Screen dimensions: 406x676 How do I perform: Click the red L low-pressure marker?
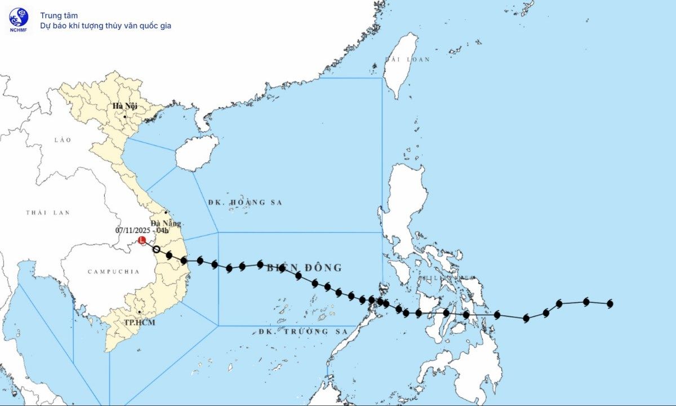coord(142,240)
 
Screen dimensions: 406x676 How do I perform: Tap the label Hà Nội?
coord(125,106)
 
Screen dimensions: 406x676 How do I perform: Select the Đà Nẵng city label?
coord(166,223)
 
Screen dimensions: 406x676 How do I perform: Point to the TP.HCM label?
coord(139,322)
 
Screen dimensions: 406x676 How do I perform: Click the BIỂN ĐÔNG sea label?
coord(304,267)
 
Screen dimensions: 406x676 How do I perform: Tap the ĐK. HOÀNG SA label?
coord(244,202)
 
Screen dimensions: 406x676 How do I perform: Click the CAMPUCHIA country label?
coord(113,272)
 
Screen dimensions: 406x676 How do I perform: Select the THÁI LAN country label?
coord(47,213)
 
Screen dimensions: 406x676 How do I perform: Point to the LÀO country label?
coord(63,139)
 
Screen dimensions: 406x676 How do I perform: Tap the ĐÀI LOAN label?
coord(407,59)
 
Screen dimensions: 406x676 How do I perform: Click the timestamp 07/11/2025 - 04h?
coord(142,230)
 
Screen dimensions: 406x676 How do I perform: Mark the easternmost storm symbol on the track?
coord(610,304)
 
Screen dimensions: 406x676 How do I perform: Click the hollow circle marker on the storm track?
coord(157,249)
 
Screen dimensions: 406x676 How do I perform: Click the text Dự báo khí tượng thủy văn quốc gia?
coord(105,25)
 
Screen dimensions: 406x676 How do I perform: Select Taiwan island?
coord(400,65)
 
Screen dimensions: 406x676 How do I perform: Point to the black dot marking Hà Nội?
coord(125,117)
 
